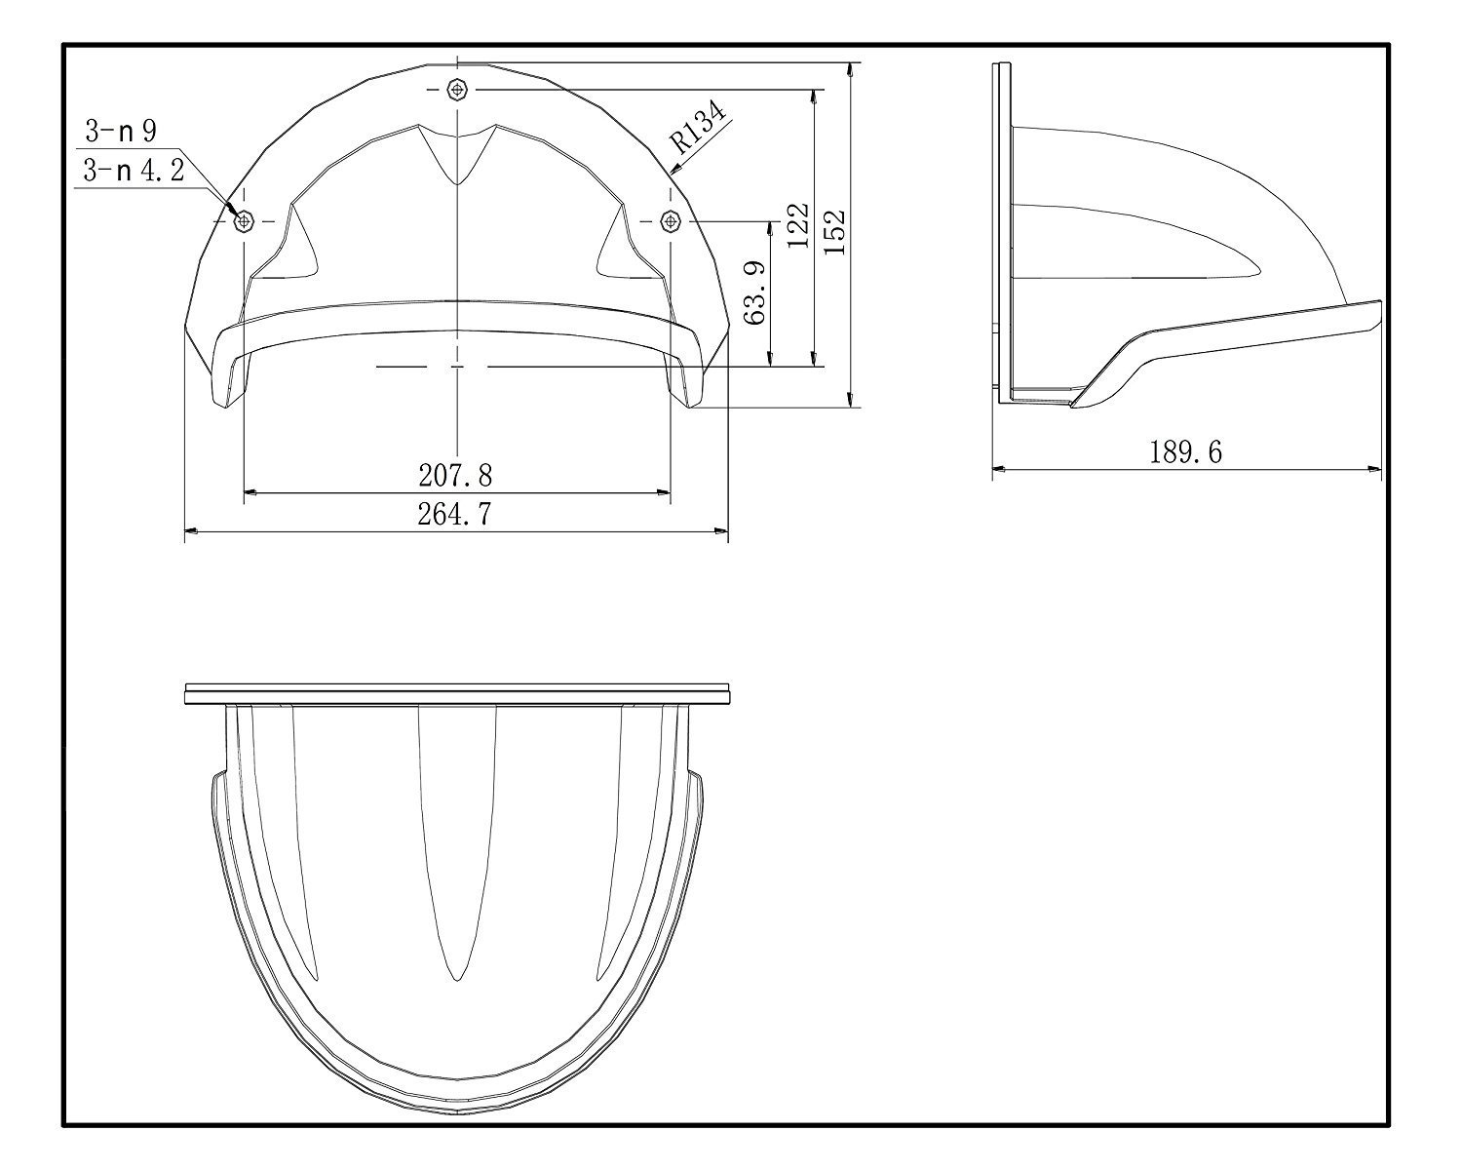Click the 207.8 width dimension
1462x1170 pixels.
[455, 475]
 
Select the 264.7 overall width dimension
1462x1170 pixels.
[454, 514]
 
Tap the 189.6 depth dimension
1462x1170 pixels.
[1185, 452]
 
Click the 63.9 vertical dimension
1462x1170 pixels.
[756, 293]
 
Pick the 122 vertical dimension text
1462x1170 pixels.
[797, 225]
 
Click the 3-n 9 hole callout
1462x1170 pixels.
[121, 131]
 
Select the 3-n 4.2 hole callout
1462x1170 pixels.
[134, 170]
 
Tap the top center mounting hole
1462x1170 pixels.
[457, 89]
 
